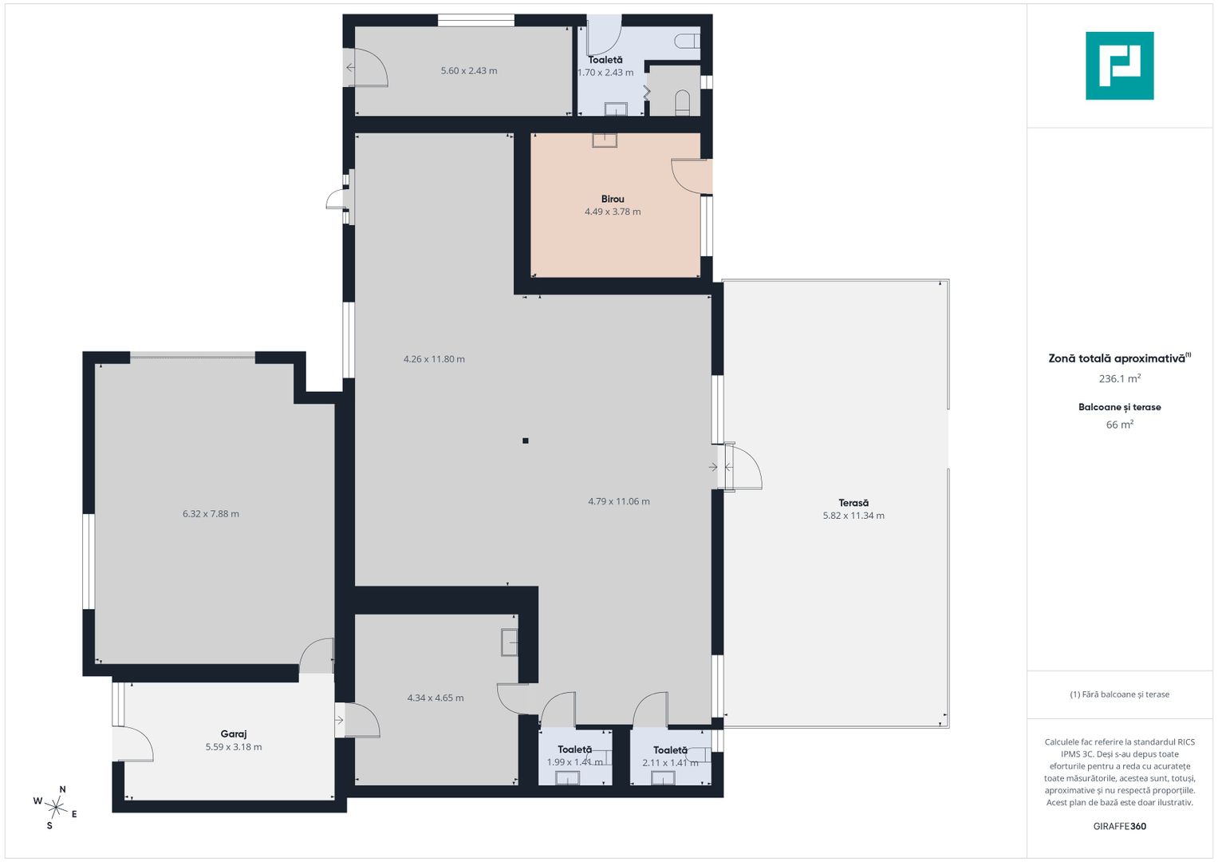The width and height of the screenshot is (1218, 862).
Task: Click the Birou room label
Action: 613,200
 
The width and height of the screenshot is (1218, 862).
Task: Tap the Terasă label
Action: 853,503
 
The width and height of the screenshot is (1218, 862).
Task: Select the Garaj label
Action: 233,734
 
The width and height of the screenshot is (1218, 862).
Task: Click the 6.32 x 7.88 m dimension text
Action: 211,514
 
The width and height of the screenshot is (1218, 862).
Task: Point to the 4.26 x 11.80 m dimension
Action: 434,359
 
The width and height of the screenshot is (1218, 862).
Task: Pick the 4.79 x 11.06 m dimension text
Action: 619,501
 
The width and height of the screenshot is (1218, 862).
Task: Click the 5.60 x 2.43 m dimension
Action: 469,71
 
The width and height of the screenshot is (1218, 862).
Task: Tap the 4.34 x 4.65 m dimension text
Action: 435,698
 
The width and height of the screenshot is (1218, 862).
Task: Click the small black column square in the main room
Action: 526,441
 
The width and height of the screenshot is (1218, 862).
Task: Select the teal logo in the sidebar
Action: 1120,65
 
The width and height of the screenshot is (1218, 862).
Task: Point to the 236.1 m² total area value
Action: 1120,378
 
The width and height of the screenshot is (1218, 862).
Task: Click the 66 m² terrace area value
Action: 1120,424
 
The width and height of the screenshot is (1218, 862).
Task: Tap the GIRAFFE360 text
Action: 1120,826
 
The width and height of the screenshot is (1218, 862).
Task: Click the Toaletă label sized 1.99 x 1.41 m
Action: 575,750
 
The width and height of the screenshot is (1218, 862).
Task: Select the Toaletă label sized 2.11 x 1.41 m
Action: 671,750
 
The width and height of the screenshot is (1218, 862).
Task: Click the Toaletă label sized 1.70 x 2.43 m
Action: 605,60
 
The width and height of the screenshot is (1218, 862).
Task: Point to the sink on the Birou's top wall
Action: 605,140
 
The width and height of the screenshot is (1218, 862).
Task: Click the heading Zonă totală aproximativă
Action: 1117,358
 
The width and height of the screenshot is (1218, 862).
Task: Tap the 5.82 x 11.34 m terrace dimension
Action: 853,516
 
